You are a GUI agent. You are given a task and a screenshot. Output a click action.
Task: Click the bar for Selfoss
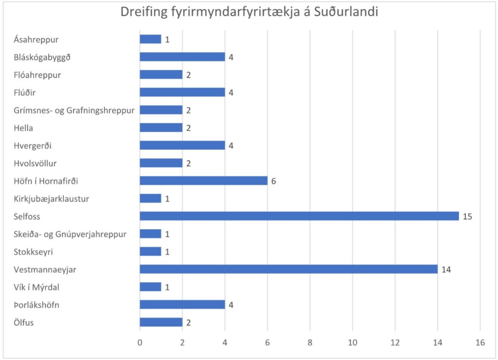(x=299, y=216)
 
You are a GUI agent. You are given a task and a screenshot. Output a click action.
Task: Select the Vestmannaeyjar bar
(x=288, y=269)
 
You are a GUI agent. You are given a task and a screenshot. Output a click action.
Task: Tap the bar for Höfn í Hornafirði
(x=203, y=180)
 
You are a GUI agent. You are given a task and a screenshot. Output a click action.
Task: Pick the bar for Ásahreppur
(x=150, y=39)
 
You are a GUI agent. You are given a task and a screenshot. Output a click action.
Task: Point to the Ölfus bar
(x=161, y=322)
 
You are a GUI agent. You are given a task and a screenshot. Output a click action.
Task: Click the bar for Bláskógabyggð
(x=182, y=57)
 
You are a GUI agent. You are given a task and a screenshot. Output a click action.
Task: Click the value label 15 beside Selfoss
(x=467, y=216)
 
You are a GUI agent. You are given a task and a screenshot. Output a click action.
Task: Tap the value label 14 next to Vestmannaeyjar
(x=446, y=269)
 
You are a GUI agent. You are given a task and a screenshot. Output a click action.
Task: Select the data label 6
(x=274, y=180)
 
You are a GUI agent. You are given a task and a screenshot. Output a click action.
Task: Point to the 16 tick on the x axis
(x=480, y=343)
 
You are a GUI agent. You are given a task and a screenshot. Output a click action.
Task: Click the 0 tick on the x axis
(x=140, y=343)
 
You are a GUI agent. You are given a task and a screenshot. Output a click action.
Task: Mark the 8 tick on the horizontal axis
(x=310, y=343)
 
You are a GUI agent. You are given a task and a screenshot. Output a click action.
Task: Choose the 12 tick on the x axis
(x=395, y=343)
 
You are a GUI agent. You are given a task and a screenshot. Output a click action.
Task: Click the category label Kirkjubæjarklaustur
(x=52, y=198)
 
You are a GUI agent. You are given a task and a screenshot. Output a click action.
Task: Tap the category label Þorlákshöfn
(x=37, y=305)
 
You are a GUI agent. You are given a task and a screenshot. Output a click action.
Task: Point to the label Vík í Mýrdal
(x=36, y=287)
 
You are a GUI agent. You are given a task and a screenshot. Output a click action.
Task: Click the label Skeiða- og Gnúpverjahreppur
(x=70, y=234)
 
